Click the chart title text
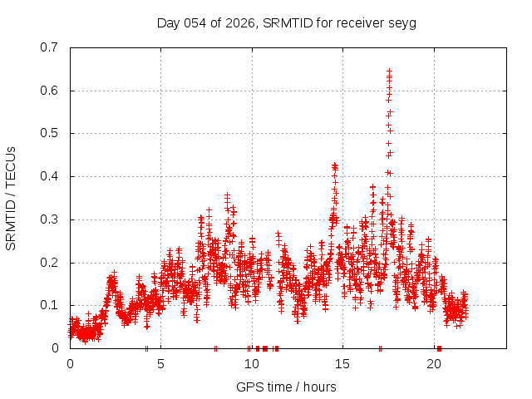click(286, 22)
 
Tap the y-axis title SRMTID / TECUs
click(12, 198)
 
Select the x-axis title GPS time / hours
click(286, 387)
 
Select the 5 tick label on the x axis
click(161, 364)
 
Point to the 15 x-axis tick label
click(342, 364)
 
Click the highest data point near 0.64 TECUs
click(389, 71)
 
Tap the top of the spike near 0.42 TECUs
click(334, 165)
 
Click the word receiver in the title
click(358, 22)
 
